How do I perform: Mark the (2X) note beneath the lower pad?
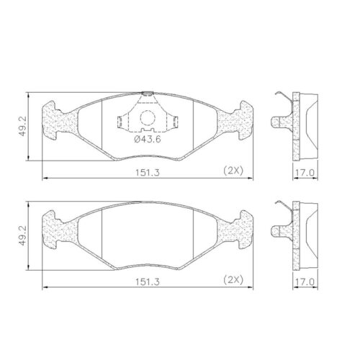(232, 279)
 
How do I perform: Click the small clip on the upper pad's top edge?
(147, 93)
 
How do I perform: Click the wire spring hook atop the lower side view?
(286, 207)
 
